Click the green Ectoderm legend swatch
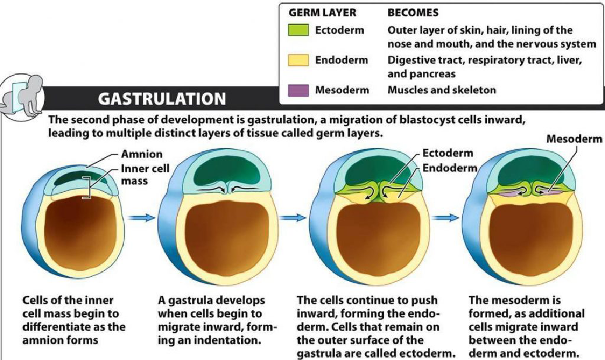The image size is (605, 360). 299,30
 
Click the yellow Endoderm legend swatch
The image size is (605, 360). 299,60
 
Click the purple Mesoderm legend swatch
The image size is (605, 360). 299,90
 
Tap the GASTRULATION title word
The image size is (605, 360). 162,99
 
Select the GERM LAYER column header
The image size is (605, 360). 322,13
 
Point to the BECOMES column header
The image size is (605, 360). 413,13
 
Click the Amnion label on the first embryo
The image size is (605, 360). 142,154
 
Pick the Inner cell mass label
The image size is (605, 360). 145,174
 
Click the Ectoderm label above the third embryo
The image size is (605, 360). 447,153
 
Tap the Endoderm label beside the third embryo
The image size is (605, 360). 450,168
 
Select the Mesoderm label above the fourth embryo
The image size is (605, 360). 574,139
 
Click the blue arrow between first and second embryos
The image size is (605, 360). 141,218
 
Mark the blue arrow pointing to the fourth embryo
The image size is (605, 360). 445,218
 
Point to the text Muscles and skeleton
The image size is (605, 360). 441,90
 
